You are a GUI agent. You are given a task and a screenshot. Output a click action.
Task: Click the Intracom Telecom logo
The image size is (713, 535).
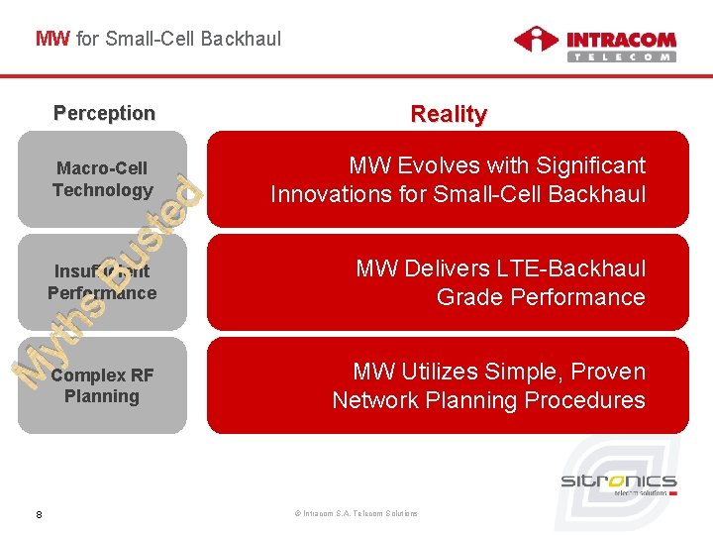tap(594, 45)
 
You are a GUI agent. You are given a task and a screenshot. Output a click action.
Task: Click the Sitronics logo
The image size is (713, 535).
tap(619, 483)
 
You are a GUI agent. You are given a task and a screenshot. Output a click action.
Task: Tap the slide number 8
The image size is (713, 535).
tap(38, 513)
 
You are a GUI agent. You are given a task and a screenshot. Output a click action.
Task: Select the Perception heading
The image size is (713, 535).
tap(104, 113)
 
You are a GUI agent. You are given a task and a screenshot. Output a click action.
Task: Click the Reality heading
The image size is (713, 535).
tap(449, 114)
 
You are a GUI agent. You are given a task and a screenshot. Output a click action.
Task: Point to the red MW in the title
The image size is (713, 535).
tap(52, 39)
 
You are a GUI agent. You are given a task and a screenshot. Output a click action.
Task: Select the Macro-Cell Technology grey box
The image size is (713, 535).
tap(102, 179)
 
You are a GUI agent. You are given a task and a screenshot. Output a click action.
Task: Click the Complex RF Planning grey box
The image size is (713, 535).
tap(102, 385)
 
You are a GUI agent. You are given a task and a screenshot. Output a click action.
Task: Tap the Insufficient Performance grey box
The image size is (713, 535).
tap(102, 282)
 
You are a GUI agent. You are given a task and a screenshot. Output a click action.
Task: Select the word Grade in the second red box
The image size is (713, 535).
tap(466, 297)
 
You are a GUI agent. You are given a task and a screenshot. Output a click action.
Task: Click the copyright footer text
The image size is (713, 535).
tap(356, 513)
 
